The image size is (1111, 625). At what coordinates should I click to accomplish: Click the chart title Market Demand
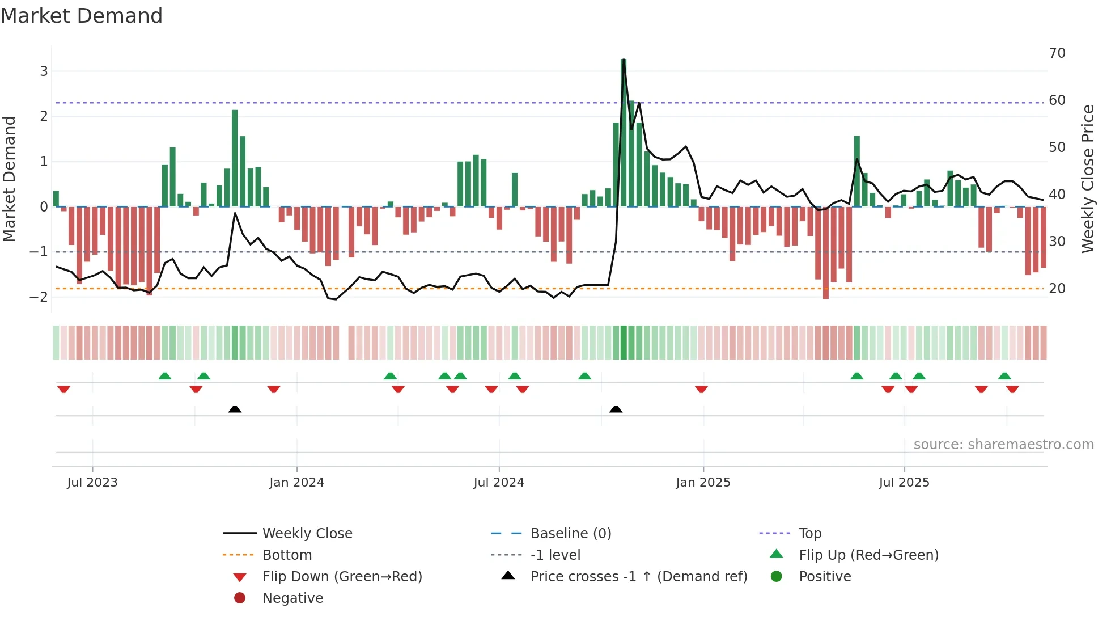(x=82, y=16)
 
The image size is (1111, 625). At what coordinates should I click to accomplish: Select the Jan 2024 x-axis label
(x=296, y=483)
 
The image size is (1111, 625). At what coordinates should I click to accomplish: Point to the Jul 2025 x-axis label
(x=904, y=483)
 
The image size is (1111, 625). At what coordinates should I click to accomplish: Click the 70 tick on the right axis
(x=1057, y=53)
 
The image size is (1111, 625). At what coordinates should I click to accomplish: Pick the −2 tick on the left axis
(x=39, y=297)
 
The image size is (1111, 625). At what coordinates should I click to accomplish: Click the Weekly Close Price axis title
(x=1087, y=179)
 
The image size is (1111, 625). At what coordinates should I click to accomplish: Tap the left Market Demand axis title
(x=9, y=179)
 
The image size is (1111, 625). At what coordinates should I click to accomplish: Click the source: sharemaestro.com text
(x=1003, y=445)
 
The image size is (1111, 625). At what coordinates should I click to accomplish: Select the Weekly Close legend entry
(x=307, y=534)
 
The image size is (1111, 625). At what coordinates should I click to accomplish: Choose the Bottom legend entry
(x=287, y=555)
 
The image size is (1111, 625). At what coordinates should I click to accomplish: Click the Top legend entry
(x=809, y=534)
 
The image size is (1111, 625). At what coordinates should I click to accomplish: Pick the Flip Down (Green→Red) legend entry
(x=342, y=577)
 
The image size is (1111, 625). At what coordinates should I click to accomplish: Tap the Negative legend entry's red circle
(x=240, y=598)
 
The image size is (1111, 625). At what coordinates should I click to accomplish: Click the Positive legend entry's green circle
(x=777, y=577)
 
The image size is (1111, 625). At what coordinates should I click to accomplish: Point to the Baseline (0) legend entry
(x=570, y=534)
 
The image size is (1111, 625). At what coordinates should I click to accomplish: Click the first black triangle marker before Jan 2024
(x=235, y=409)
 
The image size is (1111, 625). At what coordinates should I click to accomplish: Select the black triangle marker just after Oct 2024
(x=616, y=409)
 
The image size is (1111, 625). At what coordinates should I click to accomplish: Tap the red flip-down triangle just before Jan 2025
(x=701, y=389)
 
